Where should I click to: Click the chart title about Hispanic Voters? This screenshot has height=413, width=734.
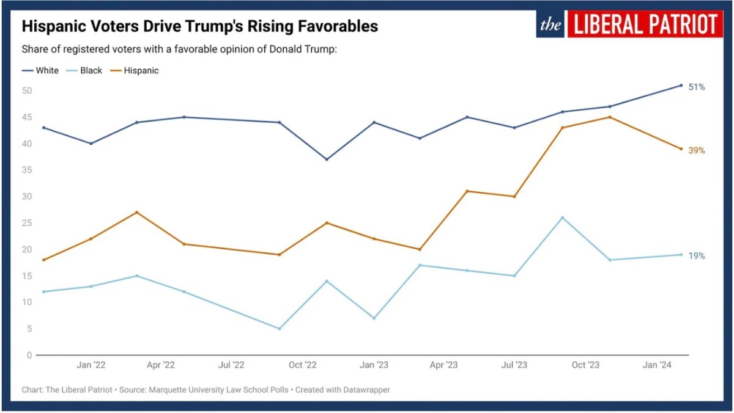(x=200, y=27)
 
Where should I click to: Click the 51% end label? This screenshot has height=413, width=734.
(x=697, y=87)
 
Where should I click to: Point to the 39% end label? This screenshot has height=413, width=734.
(x=697, y=150)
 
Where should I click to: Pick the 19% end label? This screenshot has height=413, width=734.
(x=697, y=256)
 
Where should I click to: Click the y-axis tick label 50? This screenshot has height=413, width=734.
(x=26, y=91)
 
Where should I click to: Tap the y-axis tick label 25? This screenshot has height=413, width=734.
(x=26, y=223)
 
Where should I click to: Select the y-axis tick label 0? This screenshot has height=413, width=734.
(x=29, y=355)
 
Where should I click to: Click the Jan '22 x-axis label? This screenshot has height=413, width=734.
(x=91, y=365)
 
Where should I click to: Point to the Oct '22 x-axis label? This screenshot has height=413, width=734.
(x=303, y=365)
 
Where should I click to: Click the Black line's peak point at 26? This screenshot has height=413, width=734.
(x=563, y=217)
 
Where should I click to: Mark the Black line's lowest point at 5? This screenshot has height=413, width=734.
(x=280, y=329)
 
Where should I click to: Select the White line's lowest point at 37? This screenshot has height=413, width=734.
(x=327, y=159)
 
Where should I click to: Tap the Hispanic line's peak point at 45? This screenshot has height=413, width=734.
(x=610, y=117)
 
